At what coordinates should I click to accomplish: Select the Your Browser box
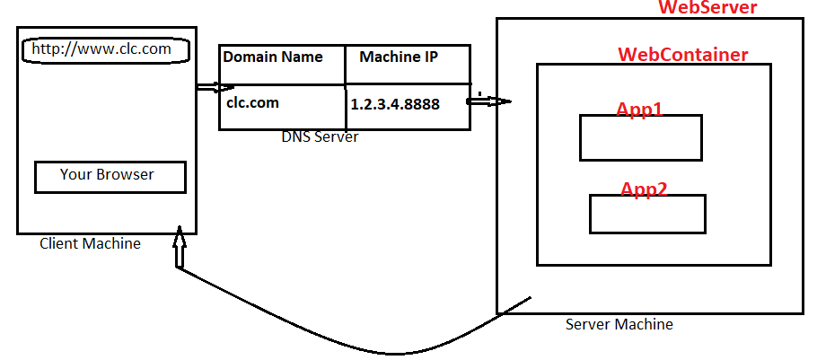pos(110,177)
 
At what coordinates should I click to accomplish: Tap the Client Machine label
pos(90,243)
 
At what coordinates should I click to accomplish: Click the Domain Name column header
pos(273,57)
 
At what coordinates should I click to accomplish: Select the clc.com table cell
pos(252,102)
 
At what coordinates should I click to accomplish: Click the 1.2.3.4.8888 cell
pos(395,104)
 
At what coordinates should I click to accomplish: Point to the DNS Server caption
pos(320,137)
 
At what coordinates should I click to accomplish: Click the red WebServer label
pos(707,8)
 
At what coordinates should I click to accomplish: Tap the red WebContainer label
pos(682,56)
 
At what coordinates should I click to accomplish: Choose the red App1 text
pos(639,110)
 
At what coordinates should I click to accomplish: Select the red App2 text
pos(644,189)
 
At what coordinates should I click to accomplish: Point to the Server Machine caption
pos(619,324)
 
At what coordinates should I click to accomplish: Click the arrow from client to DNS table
pos(214,87)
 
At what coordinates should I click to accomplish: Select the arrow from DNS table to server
pos(488,101)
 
